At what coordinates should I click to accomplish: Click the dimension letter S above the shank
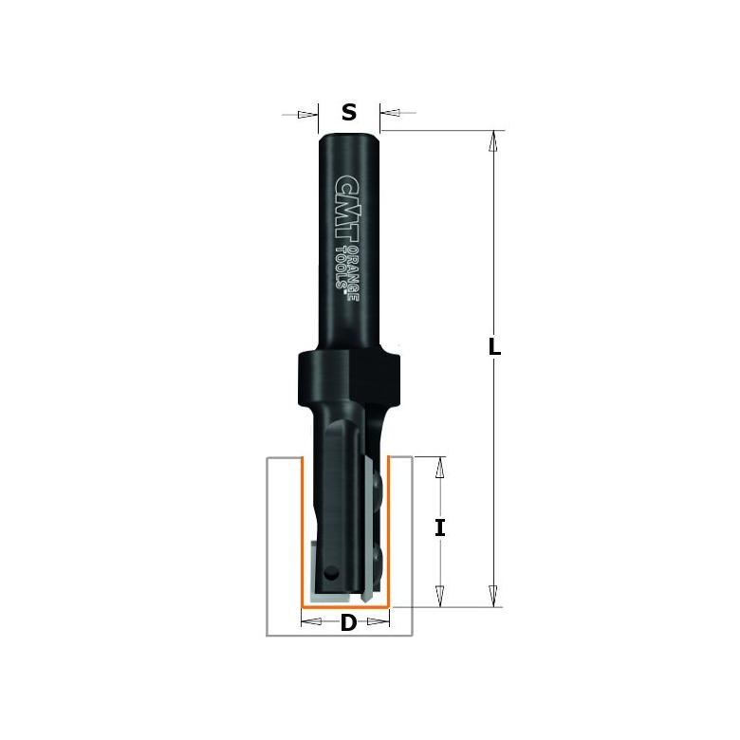point(349,113)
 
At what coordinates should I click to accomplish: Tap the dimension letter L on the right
point(494,347)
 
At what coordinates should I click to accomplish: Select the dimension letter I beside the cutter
point(439,528)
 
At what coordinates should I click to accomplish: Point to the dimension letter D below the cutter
point(348,623)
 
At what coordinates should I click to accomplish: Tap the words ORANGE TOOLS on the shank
point(349,271)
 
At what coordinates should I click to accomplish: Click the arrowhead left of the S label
point(307,115)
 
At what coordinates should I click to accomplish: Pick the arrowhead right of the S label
point(390,114)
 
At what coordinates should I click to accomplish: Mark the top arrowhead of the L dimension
point(492,140)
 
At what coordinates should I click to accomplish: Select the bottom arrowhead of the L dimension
point(492,596)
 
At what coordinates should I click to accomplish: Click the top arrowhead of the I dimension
point(439,467)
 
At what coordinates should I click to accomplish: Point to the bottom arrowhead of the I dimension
point(439,596)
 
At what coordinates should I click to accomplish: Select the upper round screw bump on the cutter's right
point(379,484)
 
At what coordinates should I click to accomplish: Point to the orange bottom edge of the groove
point(346,605)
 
